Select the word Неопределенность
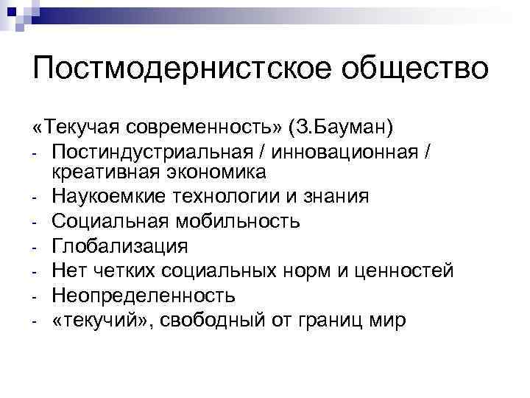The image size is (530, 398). point(144,296)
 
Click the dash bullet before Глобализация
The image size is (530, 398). point(35,248)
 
